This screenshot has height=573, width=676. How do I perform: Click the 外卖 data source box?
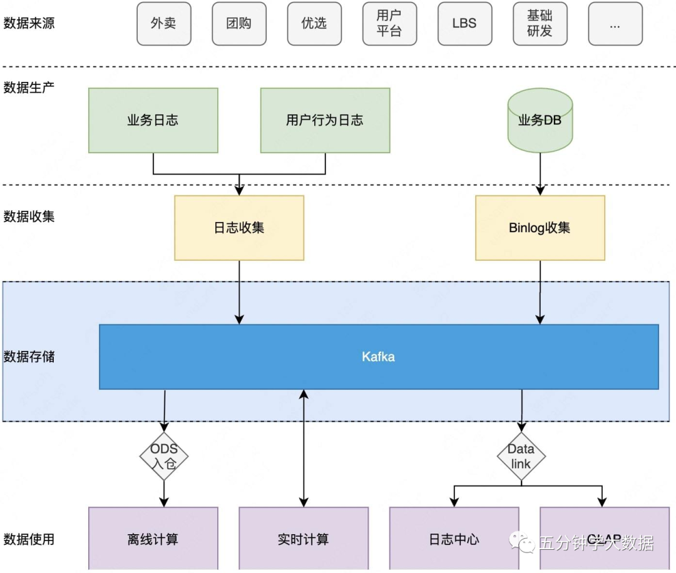(x=163, y=24)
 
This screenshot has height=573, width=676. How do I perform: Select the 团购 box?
(x=239, y=24)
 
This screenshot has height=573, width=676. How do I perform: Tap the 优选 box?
(x=314, y=24)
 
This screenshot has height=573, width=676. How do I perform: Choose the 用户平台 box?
(x=389, y=24)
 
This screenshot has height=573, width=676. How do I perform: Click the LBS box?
(x=464, y=24)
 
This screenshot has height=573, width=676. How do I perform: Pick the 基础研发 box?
(x=540, y=24)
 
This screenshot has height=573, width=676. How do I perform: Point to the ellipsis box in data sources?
(x=615, y=24)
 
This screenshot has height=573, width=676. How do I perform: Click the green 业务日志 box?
(x=153, y=120)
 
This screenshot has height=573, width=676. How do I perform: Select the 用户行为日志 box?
(x=325, y=120)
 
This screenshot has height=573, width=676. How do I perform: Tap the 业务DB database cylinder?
(x=540, y=120)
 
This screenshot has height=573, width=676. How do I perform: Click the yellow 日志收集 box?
(x=239, y=228)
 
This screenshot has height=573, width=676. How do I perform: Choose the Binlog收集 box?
(x=540, y=228)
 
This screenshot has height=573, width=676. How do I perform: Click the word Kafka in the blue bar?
(x=379, y=357)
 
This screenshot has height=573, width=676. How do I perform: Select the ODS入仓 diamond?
(x=164, y=457)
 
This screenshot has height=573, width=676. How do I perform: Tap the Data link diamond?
(x=521, y=457)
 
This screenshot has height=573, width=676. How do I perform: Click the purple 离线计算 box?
(x=153, y=539)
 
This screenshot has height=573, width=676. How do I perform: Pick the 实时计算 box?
(x=304, y=539)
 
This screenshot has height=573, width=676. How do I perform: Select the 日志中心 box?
(x=454, y=539)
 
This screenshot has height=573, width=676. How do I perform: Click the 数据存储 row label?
(x=29, y=357)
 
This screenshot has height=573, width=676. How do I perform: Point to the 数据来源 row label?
(x=29, y=23)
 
